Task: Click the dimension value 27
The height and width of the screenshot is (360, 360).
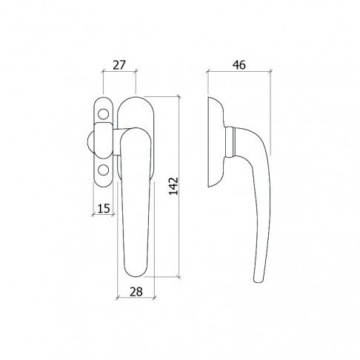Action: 119,65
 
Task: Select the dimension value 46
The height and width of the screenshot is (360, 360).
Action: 239,65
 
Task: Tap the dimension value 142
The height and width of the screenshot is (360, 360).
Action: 173,186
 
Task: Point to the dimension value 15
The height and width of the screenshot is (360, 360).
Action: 104,209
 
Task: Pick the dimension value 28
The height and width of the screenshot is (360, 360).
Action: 136,292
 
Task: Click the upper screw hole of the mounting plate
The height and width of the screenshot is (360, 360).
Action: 103,114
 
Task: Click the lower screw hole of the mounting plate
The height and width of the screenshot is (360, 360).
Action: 103,170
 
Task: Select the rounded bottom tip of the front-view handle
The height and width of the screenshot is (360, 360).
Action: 136,274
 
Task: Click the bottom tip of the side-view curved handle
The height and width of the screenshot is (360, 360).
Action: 258,281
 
